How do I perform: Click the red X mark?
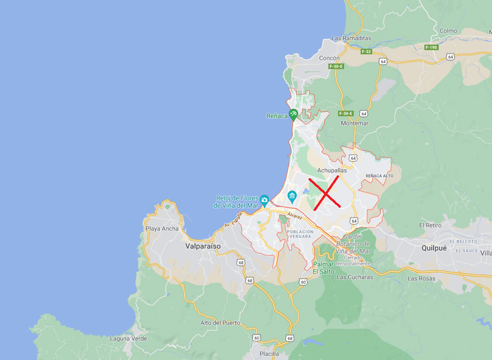[x=324, y=191]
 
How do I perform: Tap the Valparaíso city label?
[x=203, y=246]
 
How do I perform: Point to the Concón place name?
[x=329, y=58]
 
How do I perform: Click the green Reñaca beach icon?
[x=293, y=115]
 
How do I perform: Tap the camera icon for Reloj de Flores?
[x=264, y=199]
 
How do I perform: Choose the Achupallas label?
[x=332, y=170]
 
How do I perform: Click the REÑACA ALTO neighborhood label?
[x=379, y=175]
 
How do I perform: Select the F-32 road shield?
[x=366, y=52]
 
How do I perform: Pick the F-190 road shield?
[x=431, y=47]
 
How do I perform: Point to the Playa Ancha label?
[x=163, y=229]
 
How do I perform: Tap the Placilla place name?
[x=269, y=354]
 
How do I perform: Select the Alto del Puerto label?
[x=220, y=323]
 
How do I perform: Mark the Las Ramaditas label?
[x=351, y=38]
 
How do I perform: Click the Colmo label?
[x=448, y=31]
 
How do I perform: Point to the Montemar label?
[x=354, y=123]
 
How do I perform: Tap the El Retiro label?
[x=430, y=225]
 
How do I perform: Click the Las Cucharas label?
[x=355, y=277]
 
